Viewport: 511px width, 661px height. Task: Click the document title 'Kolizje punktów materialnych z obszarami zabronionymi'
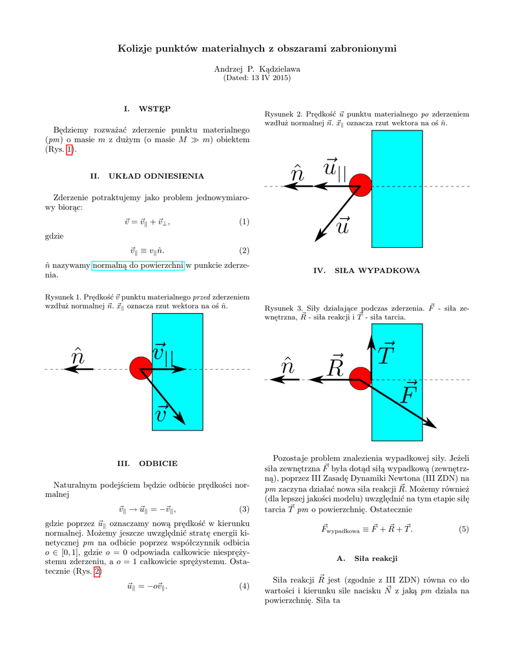256,48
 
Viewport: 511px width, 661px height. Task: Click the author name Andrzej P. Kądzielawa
256,68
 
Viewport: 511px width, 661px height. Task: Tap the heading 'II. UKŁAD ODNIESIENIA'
147,176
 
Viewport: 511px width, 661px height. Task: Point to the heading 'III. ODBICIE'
147,463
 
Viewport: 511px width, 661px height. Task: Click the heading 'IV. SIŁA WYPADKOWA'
366,270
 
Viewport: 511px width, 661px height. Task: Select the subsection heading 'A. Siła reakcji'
367,557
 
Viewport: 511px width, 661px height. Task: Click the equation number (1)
244,222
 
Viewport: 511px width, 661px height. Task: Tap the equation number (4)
244,586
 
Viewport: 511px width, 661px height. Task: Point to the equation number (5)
464,529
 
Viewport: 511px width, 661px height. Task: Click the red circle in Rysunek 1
141,368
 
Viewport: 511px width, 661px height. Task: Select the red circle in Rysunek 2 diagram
360,186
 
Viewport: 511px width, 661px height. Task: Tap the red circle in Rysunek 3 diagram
360,378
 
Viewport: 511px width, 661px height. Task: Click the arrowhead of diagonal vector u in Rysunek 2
318,238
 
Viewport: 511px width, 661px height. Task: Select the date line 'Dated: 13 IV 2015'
256,78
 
